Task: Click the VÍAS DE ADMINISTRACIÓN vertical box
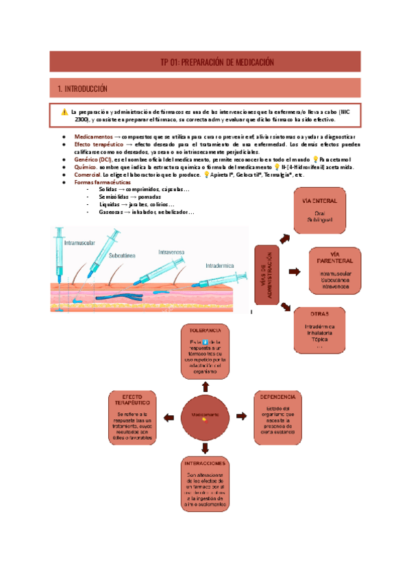[269, 274]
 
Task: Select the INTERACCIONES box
[206, 484]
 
